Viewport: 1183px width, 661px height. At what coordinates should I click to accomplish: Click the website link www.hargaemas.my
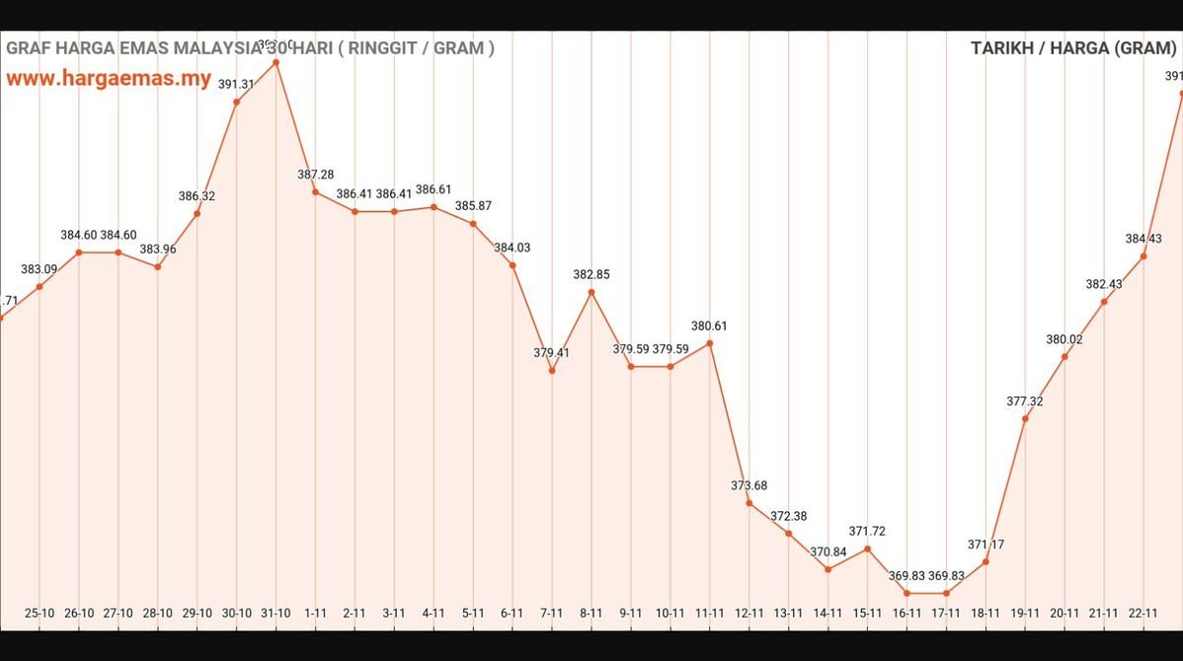[x=109, y=79]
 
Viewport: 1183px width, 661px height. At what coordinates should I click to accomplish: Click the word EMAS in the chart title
[x=145, y=47]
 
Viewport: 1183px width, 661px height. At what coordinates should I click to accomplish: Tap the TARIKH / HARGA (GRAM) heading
[x=1072, y=48]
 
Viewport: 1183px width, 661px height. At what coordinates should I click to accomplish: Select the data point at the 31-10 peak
[x=276, y=62]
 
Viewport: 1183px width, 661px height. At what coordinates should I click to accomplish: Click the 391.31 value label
[x=236, y=85]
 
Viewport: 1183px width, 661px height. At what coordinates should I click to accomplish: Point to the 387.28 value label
[x=315, y=175]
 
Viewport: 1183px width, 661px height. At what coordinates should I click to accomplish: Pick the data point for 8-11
[x=591, y=292]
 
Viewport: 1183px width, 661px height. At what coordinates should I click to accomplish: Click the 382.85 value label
[x=591, y=275]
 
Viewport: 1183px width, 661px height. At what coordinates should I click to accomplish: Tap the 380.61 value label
[x=710, y=327]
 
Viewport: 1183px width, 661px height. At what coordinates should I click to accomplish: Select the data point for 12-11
[x=749, y=503]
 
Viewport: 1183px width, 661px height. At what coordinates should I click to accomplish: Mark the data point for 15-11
[x=868, y=549]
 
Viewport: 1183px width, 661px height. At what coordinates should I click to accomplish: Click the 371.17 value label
[x=986, y=545]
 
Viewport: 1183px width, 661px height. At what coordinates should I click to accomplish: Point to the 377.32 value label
[x=1025, y=402]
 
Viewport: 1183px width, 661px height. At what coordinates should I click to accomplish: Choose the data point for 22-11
[x=1144, y=257]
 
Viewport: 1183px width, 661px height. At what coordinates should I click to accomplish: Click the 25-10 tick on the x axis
[x=39, y=614]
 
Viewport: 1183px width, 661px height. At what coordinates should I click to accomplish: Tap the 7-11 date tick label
[x=552, y=614]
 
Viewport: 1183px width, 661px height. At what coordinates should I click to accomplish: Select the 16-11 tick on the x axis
[x=907, y=614]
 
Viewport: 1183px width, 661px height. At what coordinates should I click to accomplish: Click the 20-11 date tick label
[x=1065, y=614]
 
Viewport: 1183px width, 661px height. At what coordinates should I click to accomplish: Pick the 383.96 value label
[x=158, y=250]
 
